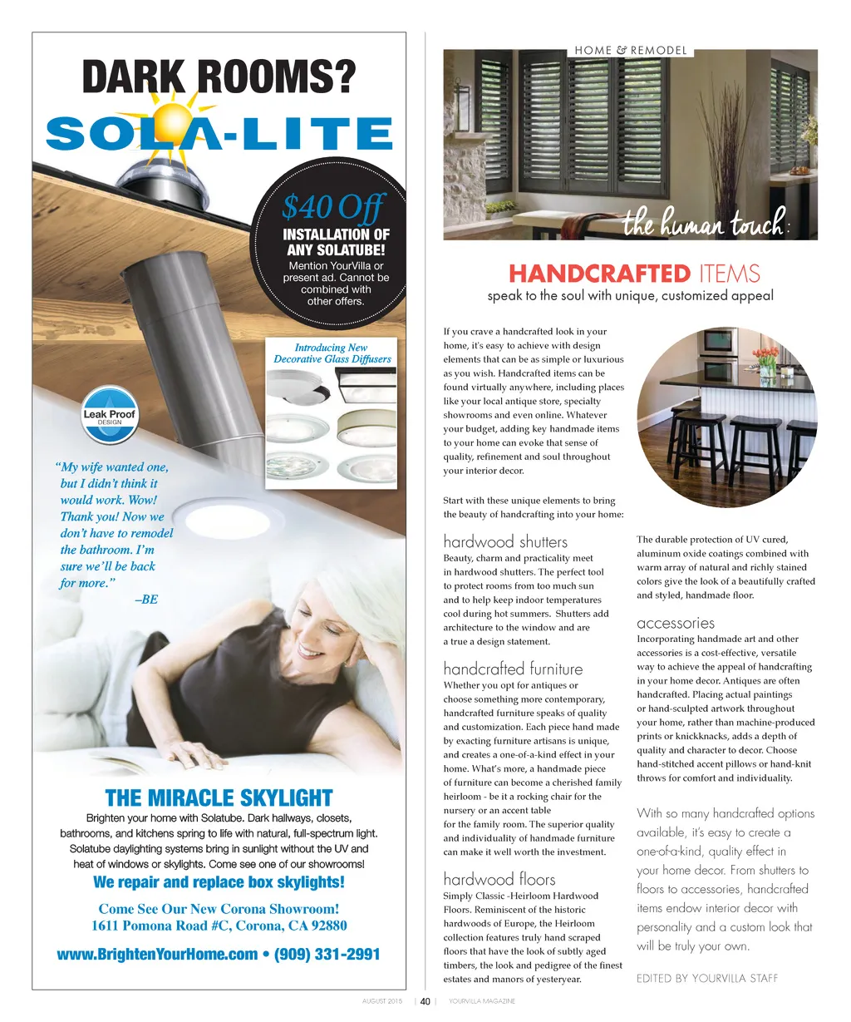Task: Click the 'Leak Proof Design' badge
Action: (109, 417)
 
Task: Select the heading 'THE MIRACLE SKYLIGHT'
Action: (219, 798)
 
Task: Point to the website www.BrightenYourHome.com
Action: (157, 954)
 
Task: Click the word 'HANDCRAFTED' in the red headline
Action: (598, 274)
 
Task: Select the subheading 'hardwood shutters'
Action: (505, 542)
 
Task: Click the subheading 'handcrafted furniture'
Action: (513, 669)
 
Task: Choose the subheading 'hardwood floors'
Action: (499, 879)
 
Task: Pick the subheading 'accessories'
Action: (676, 623)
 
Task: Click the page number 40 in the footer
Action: (425, 1001)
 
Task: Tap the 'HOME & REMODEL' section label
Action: (631, 51)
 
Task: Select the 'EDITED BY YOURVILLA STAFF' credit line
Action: (707, 978)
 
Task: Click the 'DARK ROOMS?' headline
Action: (219, 78)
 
